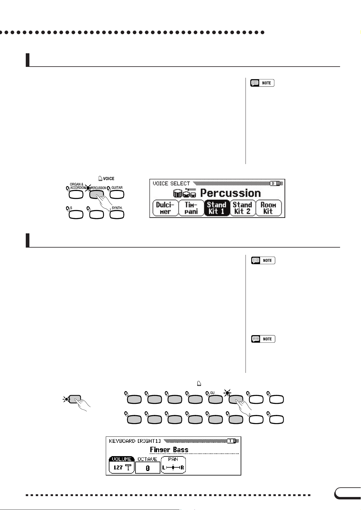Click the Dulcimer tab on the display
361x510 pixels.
point(165,208)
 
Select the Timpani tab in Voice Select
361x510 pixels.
point(191,208)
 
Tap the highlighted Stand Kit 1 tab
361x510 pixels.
point(216,208)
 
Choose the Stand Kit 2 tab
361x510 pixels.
point(242,208)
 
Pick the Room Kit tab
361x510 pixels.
point(268,208)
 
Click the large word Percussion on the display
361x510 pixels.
point(230,193)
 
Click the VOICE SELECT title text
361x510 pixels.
point(171,183)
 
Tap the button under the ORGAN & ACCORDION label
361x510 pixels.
point(76,195)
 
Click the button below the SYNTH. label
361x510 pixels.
point(117,215)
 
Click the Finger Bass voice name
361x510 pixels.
point(169,450)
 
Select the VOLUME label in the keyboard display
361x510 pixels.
point(122,459)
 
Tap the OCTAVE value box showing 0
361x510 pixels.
point(148,468)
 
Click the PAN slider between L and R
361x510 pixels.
point(173,468)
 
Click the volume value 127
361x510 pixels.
point(118,468)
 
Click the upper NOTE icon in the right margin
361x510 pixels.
point(262,83)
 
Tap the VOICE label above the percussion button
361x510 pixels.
point(109,179)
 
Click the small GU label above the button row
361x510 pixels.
point(212,393)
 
